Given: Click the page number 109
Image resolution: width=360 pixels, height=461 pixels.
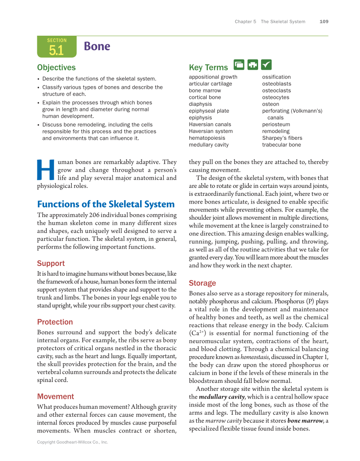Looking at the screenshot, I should [324, 22].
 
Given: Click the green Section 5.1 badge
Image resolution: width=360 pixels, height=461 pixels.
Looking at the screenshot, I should [56, 47].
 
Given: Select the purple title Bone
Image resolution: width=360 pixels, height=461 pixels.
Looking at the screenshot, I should [97, 46].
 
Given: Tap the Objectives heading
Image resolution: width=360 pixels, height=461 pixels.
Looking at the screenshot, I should [56, 68].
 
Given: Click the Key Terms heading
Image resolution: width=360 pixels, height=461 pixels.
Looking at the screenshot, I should [208, 68].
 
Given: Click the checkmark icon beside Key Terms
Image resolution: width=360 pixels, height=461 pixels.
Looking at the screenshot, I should [266, 65].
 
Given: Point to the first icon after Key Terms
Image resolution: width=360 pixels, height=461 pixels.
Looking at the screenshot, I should [239, 65].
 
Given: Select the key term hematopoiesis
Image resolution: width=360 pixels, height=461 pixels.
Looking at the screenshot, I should [207, 138].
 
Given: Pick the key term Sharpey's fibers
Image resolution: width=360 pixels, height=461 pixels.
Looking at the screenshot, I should [282, 138].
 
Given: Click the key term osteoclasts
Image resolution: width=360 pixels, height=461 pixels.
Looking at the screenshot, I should [276, 91].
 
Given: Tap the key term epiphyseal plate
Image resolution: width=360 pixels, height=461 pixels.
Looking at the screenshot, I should [209, 111].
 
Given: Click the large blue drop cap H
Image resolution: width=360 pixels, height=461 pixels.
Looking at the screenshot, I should [46, 170].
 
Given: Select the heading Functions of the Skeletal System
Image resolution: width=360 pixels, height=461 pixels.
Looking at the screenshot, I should [106, 204].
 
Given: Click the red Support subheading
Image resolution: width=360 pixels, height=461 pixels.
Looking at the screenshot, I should [51, 263].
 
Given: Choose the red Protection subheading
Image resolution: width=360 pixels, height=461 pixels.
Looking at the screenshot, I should [55, 322].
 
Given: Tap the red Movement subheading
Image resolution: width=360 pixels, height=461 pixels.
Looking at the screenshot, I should [55, 396].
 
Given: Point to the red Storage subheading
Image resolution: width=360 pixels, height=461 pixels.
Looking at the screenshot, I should [202, 283].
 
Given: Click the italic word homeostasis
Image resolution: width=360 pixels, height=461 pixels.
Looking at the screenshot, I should [255, 357].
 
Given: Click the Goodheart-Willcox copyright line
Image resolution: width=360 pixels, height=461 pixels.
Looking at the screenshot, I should [73, 442].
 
